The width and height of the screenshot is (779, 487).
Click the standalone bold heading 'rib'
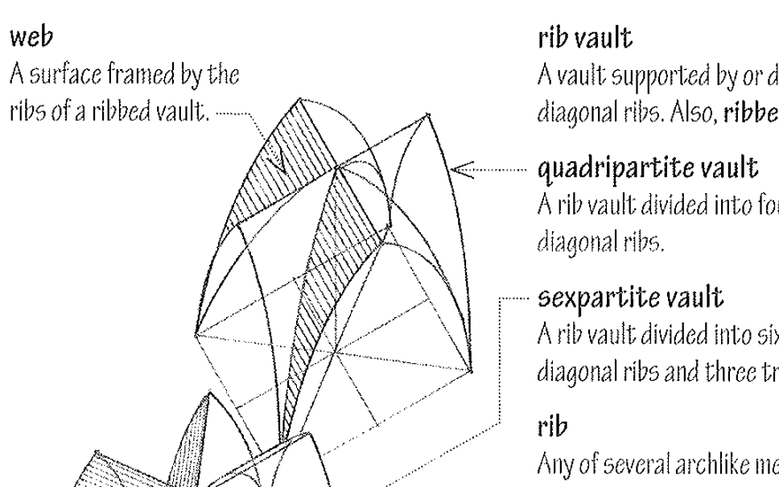549,436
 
